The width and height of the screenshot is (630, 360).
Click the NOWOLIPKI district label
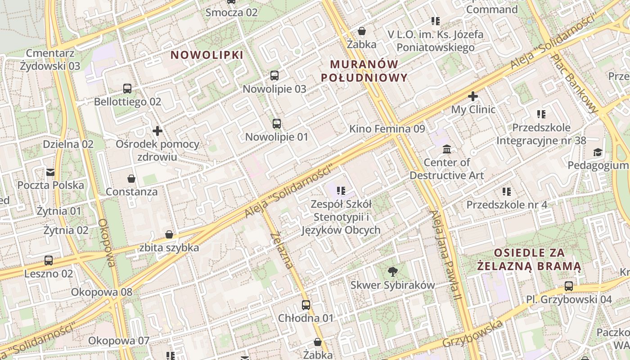click(x=207, y=55)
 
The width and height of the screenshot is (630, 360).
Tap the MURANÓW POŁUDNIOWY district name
click(x=364, y=71)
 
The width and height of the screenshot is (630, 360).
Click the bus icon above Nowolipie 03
click(x=274, y=76)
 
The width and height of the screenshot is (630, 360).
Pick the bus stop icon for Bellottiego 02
click(x=127, y=89)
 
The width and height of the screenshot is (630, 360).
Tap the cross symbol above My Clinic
click(x=473, y=96)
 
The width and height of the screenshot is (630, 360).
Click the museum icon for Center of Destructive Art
click(x=447, y=149)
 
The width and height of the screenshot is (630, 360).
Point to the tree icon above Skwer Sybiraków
click(x=393, y=271)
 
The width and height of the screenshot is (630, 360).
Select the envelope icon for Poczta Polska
click(x=50, y=172)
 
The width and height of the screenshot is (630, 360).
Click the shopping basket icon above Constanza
click(x=131, y=179)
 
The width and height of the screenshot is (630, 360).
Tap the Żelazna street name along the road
click(x=283, y=250)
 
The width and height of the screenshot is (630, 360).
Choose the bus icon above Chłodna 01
click(x=306, y=305)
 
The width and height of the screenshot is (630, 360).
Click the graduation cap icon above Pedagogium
click(x=598, y=152)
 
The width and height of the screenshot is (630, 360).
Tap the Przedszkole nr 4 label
click(x=507, y=205)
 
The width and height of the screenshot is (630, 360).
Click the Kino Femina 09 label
click(x=387, y=129)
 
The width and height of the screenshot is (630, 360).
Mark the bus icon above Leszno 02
click(x=49, y=260)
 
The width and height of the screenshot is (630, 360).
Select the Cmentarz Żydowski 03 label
click(x=50, y=59)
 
